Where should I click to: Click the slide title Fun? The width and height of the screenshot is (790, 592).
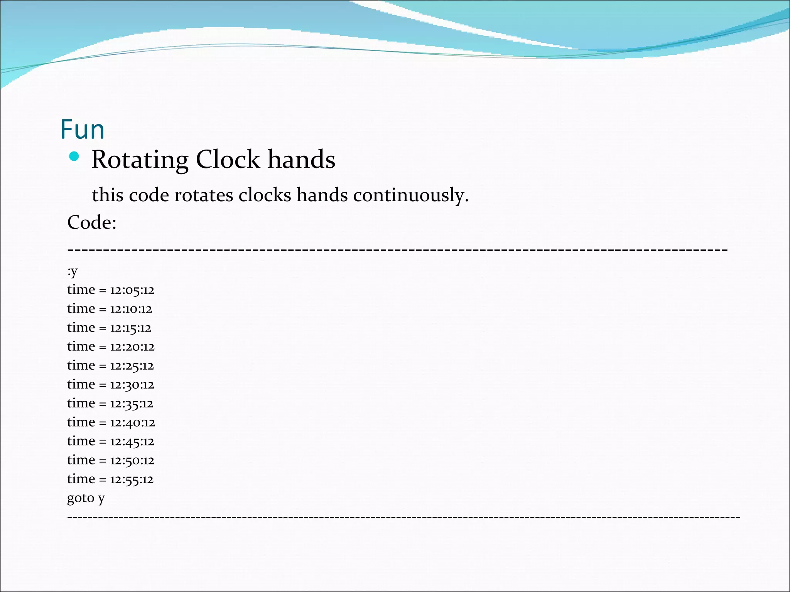coord(82,129)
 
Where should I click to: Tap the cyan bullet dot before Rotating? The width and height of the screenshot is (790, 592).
coord(74,156)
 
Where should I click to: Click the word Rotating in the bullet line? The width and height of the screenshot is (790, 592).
coord(140,160)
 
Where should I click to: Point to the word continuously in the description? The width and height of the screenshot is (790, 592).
coord(410,195)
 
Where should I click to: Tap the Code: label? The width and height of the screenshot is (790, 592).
coord(92,222)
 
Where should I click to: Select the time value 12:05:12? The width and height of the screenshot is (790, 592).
coord(132,290)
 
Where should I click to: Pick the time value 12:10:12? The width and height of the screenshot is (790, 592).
coord(131,309)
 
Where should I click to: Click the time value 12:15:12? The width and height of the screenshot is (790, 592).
coord(131,328)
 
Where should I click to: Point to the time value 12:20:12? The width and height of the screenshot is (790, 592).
coord(132,347)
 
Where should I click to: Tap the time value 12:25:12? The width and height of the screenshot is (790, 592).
coord(132,366)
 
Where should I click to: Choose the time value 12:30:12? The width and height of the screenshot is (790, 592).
coord(132,385)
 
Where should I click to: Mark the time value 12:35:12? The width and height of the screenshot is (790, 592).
coord(132,404)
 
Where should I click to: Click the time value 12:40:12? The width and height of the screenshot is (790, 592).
coord(132,423)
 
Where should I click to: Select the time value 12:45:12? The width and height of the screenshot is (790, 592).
coord(132,442)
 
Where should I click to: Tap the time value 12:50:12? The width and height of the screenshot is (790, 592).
coord(132,461)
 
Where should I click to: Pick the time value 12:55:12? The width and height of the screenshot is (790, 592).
coord(132,479)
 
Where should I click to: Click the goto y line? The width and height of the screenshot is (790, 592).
coord(86,498)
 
